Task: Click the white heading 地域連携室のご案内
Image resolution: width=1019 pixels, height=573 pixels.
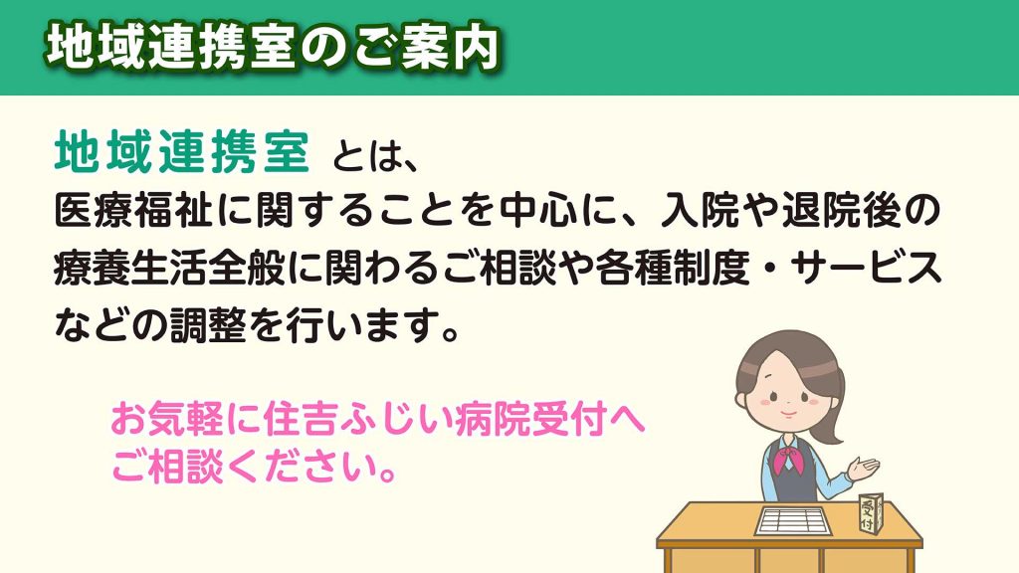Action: click(273, 47)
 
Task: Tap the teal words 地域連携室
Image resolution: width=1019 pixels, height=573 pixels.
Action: click(182, 152)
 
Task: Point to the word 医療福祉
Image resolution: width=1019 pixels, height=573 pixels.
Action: click(133, 210)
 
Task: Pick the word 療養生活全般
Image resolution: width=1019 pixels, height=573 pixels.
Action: click(170, 268)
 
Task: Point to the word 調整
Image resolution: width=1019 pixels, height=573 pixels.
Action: click(209, 325)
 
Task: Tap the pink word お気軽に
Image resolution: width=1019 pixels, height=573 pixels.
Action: click(186, 420)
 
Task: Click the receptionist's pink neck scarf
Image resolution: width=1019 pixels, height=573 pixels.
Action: click(789, 457)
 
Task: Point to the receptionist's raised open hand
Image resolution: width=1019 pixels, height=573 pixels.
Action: click(865, 468)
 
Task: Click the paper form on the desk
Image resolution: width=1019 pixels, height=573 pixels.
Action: click(793, 520)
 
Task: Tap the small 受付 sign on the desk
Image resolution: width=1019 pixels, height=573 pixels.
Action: click(869, 513)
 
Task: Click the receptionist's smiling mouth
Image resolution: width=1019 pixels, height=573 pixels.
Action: click(786, 413)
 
